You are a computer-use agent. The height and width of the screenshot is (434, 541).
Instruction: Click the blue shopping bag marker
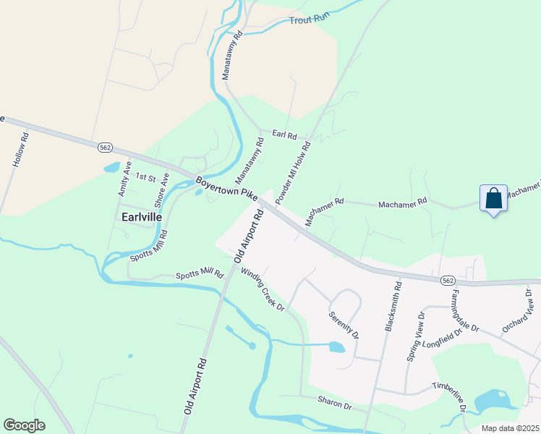[493, 198]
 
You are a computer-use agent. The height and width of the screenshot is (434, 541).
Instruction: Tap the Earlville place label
[141, 216]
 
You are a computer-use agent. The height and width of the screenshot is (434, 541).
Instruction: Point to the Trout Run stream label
[310, 20]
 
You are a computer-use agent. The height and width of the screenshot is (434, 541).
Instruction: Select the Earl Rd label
[284, 135]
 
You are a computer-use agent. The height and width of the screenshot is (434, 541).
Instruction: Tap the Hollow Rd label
[20, 150]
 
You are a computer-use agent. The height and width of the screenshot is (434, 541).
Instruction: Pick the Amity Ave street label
[124, 179]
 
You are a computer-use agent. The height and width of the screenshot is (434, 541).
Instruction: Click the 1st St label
[146, 177]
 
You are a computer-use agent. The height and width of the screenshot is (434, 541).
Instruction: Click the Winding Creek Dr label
[263, 291]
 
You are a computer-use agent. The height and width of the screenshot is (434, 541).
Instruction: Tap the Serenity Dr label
[344, 324]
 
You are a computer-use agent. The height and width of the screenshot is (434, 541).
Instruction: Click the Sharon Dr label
[333, 402]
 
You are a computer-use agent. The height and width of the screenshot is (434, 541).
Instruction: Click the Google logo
[24, 425]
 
